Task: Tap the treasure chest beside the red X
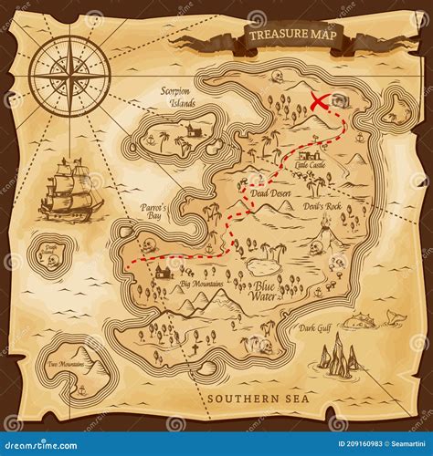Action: tap(342, 102)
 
